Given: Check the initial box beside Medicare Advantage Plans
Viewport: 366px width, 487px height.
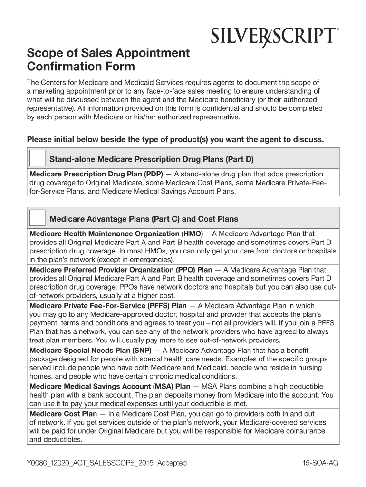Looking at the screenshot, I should [x=38, y=218].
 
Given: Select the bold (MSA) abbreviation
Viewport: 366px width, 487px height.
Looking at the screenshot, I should [x=164, y=386].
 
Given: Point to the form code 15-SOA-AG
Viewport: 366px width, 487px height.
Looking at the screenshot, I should [x=320, y=463].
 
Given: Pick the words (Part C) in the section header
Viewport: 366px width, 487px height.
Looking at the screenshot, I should [x=165, y=219].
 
